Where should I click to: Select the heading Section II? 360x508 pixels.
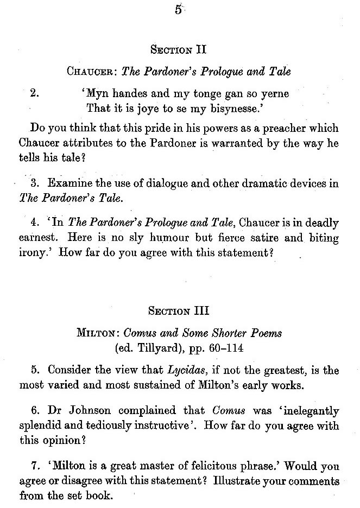pyautogui.click(x=179, y=50)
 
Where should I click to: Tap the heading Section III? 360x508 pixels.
pyautogui.click(x=179, y=312)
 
